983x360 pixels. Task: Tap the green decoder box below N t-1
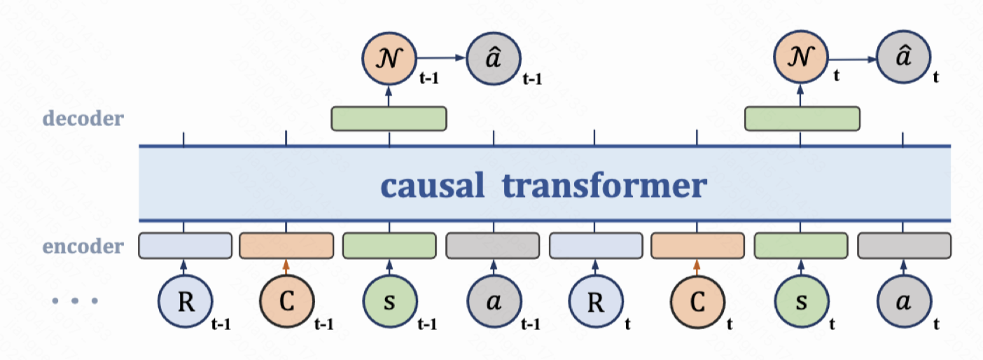coord(389,118)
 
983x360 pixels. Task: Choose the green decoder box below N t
coord(802,118)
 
